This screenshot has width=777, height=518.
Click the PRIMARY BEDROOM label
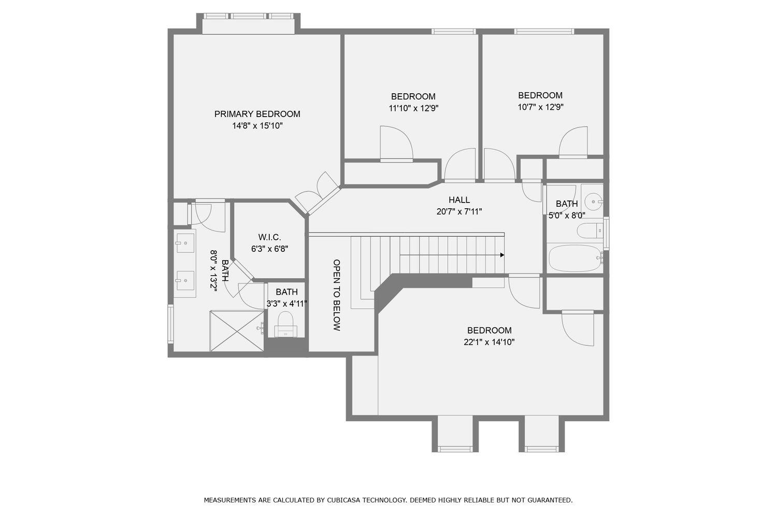point(257,114)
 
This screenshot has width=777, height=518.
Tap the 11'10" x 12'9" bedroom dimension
point(413,108)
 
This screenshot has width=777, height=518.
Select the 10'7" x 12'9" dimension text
point(540,107)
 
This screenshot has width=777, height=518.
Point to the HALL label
point(459,200)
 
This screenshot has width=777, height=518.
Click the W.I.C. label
point(269,237)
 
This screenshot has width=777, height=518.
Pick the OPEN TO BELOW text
point(337,295)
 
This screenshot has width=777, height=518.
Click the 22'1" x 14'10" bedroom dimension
point(489,342)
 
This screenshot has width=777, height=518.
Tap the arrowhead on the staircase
point(502,255)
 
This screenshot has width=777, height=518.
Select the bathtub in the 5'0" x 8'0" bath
point(574,258)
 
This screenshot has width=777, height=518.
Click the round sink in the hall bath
point(592,200)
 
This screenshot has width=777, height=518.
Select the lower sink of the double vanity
point(184,281)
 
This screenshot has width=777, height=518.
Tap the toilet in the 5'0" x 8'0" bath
point(589,230)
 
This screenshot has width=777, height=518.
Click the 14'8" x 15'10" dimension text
point(257,126)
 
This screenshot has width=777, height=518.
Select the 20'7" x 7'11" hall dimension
point(459,211)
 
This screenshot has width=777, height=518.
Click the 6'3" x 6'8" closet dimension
point(269,249)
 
